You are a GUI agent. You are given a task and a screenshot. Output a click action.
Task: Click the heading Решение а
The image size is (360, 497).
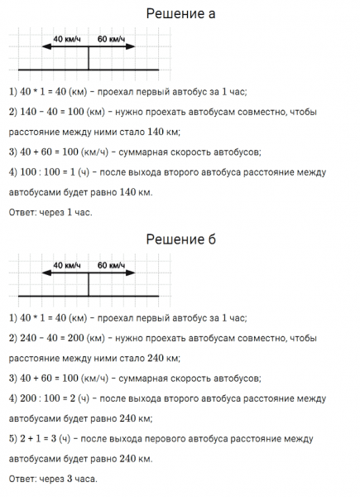[180, 14]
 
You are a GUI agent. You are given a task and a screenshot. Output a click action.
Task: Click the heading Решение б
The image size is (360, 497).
[180, 240]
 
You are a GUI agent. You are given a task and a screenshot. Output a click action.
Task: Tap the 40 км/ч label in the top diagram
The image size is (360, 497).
[66, 39]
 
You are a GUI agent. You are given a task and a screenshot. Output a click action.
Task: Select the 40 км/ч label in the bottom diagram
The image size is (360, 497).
[66, 265]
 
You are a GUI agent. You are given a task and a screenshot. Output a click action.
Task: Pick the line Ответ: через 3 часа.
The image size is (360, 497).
[53, 478]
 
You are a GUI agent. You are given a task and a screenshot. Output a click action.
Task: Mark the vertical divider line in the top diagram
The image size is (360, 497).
[89, 58]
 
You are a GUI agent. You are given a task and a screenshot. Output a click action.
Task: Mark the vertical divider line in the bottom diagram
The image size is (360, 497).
[89, 284]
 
